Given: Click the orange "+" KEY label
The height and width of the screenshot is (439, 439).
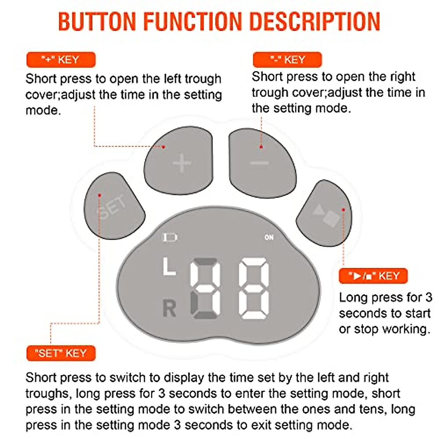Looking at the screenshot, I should pos(61,60).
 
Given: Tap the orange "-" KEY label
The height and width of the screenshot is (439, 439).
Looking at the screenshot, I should pos(287,60).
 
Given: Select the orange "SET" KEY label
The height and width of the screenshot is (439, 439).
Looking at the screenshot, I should pos(61,353).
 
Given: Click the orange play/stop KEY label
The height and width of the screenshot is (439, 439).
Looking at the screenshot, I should pos(373,276).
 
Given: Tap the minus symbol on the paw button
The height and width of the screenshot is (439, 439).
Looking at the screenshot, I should pos(260,163).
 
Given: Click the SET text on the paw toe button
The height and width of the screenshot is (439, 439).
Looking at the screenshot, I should pos(112,207).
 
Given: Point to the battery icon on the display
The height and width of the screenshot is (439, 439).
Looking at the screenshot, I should pos(169,238).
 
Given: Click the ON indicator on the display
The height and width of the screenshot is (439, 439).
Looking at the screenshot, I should pos(269,237).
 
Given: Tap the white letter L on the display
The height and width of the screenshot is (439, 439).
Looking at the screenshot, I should pos(169,266).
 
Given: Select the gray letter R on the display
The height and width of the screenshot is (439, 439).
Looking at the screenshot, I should pos(169,308).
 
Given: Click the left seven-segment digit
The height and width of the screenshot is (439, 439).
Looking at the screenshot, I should pos(205,288).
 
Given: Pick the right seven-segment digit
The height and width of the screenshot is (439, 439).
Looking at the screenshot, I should pos(254,288).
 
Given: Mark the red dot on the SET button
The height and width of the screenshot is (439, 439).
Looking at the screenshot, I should pos(100,195).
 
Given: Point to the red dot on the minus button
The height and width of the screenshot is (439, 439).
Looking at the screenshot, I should pos(261,147).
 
